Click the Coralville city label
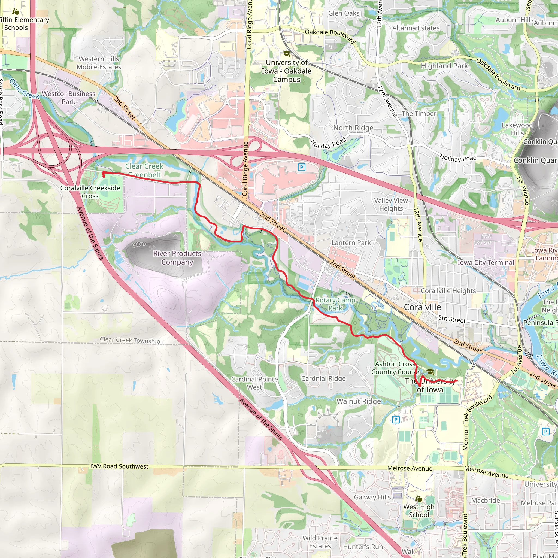point(422,307)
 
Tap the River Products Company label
point(177,258)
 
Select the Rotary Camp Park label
point(335,304)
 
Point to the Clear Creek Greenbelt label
point(144,170)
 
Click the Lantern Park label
point(351,242)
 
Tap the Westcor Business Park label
point(68,98)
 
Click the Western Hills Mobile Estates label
point(99,63)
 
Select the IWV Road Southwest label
point(119,466)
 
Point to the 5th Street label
point(452,319)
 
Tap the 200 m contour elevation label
point(139,244)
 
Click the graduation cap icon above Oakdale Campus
point(287,53)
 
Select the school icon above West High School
point(419,499)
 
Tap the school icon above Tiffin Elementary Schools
point(16,11)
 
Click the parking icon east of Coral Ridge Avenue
point(302,167)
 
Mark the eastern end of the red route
point(457,381)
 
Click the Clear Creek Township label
point(130,340)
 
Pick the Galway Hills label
point(372,497)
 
